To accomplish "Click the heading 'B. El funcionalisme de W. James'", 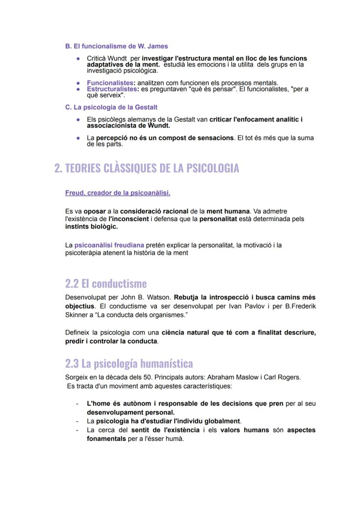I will [x=116, y=46].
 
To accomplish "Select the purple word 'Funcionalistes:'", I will [x=111, y=83].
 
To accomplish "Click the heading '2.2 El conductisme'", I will [x=106, y=284].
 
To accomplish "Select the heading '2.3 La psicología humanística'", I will [x=129, y=363].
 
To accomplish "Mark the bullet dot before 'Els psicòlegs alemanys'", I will [x=78, y=120].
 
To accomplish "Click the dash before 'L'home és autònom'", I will [x=77, y=404].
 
